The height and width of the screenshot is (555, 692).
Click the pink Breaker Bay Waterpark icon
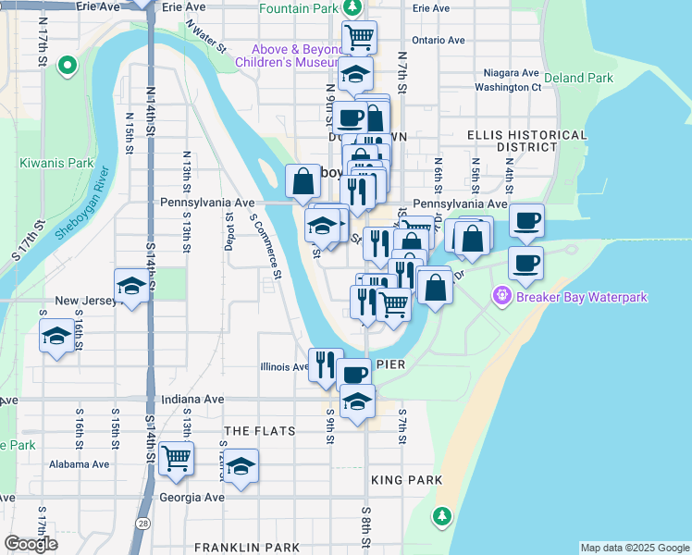click(502, 297)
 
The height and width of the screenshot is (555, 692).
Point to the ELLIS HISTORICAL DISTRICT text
click(526, 141)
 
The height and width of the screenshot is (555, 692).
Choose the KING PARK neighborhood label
click(406, 480)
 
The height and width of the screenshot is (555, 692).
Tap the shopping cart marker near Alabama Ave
click(176, 458)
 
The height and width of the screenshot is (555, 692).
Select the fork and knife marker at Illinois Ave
click(325, 364)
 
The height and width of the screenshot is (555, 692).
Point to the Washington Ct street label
click(508, 88)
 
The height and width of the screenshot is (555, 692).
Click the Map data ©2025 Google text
click(634, 548)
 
